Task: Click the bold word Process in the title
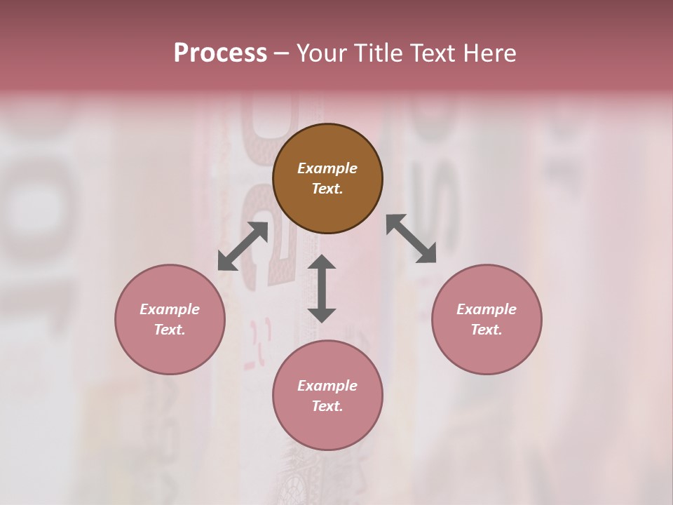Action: click(220, 53)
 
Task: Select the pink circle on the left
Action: click(170, 351)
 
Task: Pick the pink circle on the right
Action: click(487, 351)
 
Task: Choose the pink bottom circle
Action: click(327, 428)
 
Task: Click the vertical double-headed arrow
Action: click(322, 288)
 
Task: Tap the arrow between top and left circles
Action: click(243, 246)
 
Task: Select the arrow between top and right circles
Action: click(412, 238)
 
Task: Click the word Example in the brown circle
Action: click(327, 168)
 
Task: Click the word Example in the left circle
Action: click(170, 309)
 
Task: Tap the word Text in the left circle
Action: click(170, 330)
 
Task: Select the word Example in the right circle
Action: click(487, 309)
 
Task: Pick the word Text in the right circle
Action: click(487, 330)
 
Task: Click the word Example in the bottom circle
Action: click(327, 386)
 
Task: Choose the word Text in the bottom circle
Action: click(327, 406)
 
